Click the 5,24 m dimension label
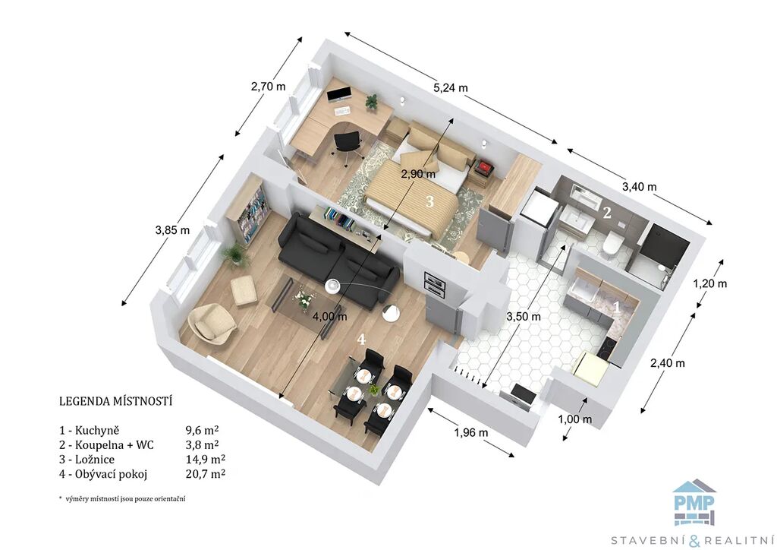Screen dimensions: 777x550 (451, 88)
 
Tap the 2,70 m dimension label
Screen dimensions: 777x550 (268, 87)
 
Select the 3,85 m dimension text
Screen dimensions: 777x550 (172, 230)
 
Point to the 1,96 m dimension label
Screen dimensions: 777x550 (470, 432)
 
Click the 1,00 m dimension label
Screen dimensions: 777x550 (575, 419)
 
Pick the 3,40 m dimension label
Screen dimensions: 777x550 (639, 186)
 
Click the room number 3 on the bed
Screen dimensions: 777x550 (429, 201)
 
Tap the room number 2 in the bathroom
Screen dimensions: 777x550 (606, 213)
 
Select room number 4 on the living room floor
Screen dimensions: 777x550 (362, 340)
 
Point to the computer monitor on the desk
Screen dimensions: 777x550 (339, 93)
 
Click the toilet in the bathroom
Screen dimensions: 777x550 (613, 243)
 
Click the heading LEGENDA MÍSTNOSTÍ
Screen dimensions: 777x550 (115, 400)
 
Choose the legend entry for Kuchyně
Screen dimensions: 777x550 (90, 431)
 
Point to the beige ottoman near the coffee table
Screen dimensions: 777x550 (244, 289)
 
